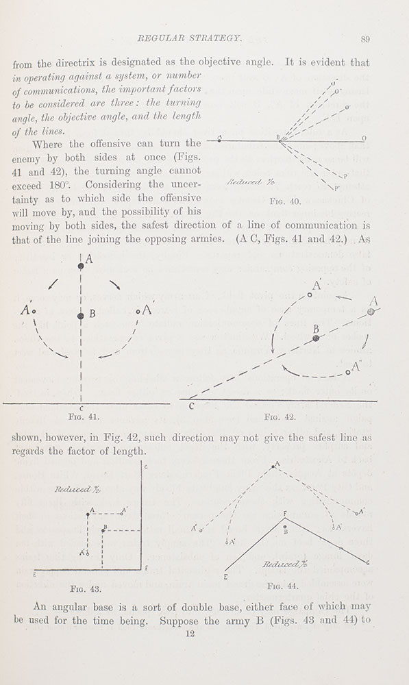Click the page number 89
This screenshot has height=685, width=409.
point(364,40)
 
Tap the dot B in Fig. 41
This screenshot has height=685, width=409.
point(82,316)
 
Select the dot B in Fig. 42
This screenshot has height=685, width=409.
point(316,338)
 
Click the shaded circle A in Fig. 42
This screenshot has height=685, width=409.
point(371,312)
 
